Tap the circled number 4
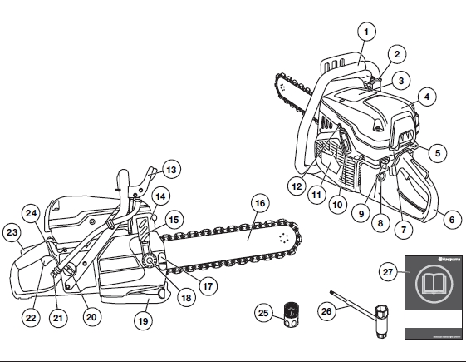click(x=425, y=97)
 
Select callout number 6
click(x=451, y=221)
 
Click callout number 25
click(x=262, y=314)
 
